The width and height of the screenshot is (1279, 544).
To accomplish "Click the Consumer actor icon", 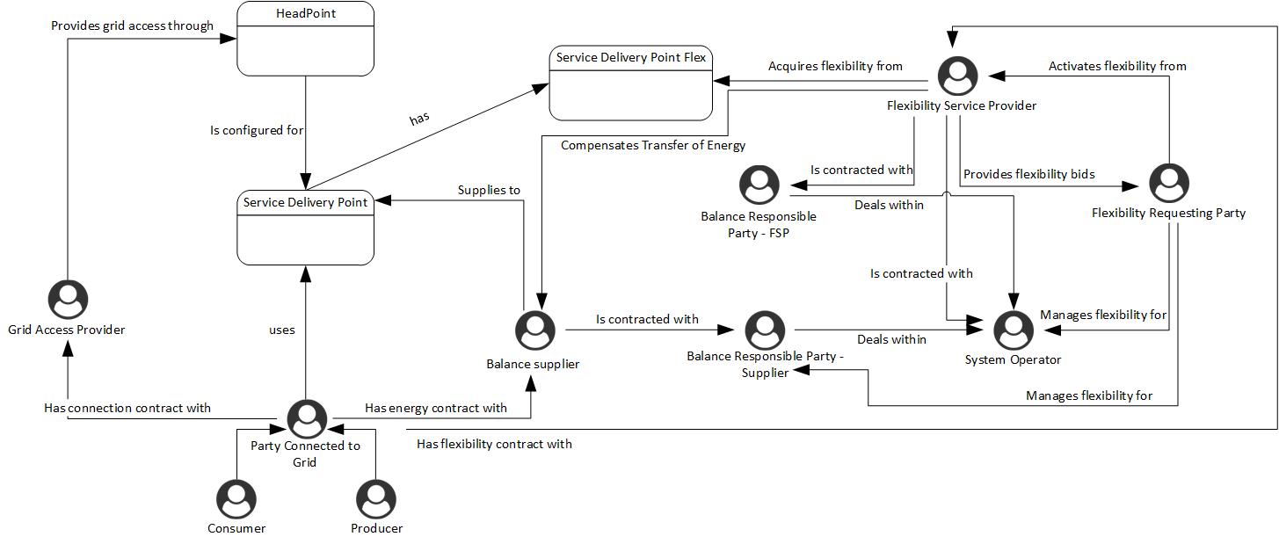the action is pos(236,499).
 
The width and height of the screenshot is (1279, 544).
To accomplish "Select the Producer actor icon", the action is pos(375,499).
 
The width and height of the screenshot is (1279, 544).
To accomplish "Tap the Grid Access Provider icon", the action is pos(68,299).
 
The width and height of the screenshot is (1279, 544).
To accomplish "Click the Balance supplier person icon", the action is pos(535,330).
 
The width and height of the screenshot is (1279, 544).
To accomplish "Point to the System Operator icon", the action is pos(1014,330).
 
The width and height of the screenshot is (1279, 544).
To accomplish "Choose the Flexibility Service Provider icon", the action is pos(957,76).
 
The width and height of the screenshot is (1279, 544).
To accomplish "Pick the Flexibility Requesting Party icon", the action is pos(1169,183).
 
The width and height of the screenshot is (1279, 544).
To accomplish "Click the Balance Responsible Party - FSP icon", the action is pos(759,185).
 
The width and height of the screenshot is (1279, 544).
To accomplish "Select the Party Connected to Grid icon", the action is pos(307,419).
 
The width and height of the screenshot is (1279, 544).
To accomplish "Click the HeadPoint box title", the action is pos(306,13).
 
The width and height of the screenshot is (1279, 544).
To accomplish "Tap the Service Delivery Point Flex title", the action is pos(631,57).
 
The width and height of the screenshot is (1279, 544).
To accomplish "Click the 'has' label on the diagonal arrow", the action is pos(419,119).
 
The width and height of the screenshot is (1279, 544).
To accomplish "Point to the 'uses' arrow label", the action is pos(281,330).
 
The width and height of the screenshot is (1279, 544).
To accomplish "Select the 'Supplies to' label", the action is pos(489,190).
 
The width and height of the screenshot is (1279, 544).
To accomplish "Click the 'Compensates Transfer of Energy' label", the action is pos(652,146).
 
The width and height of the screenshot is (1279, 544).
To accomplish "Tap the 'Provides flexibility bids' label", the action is pos(1028,174).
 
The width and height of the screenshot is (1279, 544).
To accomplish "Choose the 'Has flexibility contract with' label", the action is pos(494,444).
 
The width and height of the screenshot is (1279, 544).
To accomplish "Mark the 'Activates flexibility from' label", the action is pos(1117,66).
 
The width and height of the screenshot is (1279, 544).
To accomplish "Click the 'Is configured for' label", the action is pos(257,130).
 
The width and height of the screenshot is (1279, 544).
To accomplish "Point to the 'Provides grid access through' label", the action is pos(132,25).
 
